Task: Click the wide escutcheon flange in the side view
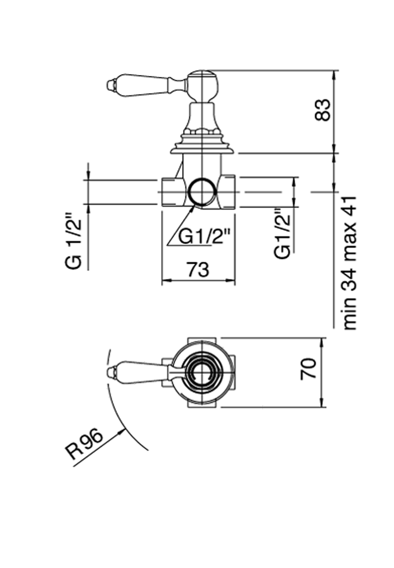click(x=202, y=150)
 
